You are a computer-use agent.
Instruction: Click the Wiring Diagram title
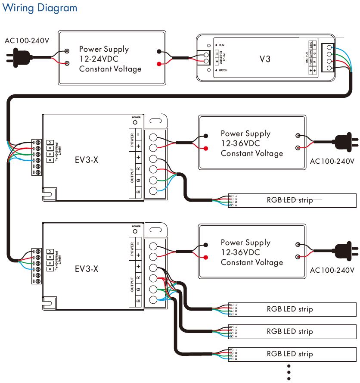click(x=40, y=8)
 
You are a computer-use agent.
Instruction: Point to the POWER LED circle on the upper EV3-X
click(x=136, y=122)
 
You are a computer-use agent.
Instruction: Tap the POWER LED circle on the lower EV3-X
click(x=136, y=231)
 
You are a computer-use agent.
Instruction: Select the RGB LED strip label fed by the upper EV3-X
click(x=290, y=200)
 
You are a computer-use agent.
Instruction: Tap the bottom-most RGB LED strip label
click(x=290, y=354)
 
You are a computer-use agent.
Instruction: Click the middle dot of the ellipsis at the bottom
click(x=289, y=372)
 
